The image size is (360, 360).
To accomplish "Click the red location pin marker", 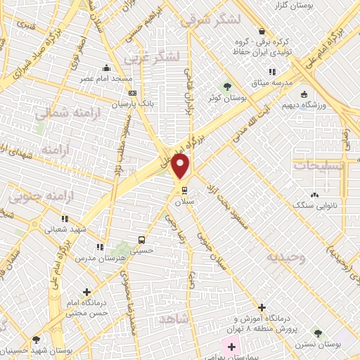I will click(x=181, y=167).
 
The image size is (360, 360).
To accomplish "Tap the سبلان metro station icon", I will click(x=185, y=191).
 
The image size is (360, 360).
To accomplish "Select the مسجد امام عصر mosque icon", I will click(x=106, y=68).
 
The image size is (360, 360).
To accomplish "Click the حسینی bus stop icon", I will click(x=141, y=238).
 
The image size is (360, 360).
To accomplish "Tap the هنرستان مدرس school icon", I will click(x=100, y=247).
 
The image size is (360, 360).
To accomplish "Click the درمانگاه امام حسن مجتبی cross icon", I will click(x=86, y=292).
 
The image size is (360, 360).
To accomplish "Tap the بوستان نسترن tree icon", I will click(x=317, y=331).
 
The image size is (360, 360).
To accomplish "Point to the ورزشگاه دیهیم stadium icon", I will click(x=304, y=96).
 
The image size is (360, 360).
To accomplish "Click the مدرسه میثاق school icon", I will click(x=271, y=72).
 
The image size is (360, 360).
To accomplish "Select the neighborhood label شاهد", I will click(x=176, y=319).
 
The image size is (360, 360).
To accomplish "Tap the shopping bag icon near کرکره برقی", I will click(x=262, y=31).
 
